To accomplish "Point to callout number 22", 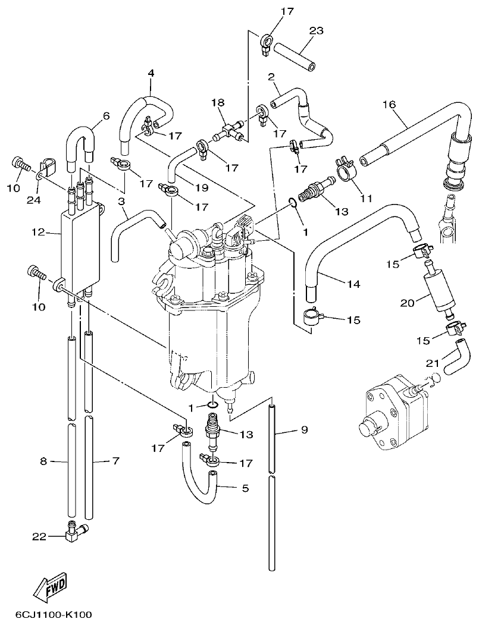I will coord(39,536).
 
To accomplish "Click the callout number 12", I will coord(39,232).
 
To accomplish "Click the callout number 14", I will coord(354,284).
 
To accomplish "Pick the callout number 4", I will coord(151,73).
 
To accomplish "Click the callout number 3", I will coord(121,202).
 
